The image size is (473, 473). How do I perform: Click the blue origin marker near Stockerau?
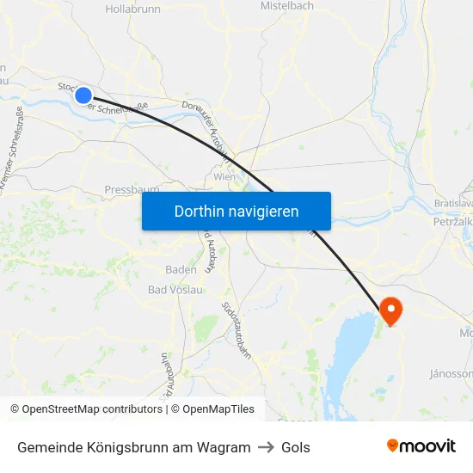[x=83, y=95]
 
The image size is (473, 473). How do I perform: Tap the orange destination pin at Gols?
[x=391, y=310]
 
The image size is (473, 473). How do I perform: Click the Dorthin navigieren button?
[x=236, y=211]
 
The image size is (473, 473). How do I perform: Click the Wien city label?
[x=224, y=176]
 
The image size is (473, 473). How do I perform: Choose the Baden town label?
[x=181, y=269]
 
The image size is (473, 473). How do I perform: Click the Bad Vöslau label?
[x=175, y=290]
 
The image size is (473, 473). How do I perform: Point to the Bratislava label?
[x=453, y=203]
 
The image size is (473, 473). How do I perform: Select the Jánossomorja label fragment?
[x=451, y=374]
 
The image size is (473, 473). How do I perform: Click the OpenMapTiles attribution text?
[x=216, y=409]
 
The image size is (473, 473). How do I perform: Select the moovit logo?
[x=421, y=445]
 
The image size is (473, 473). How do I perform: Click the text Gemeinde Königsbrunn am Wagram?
[x=133, y=447]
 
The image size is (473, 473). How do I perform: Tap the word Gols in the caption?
[x=296, y=447]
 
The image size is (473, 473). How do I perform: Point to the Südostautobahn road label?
[x=236, y=331]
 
